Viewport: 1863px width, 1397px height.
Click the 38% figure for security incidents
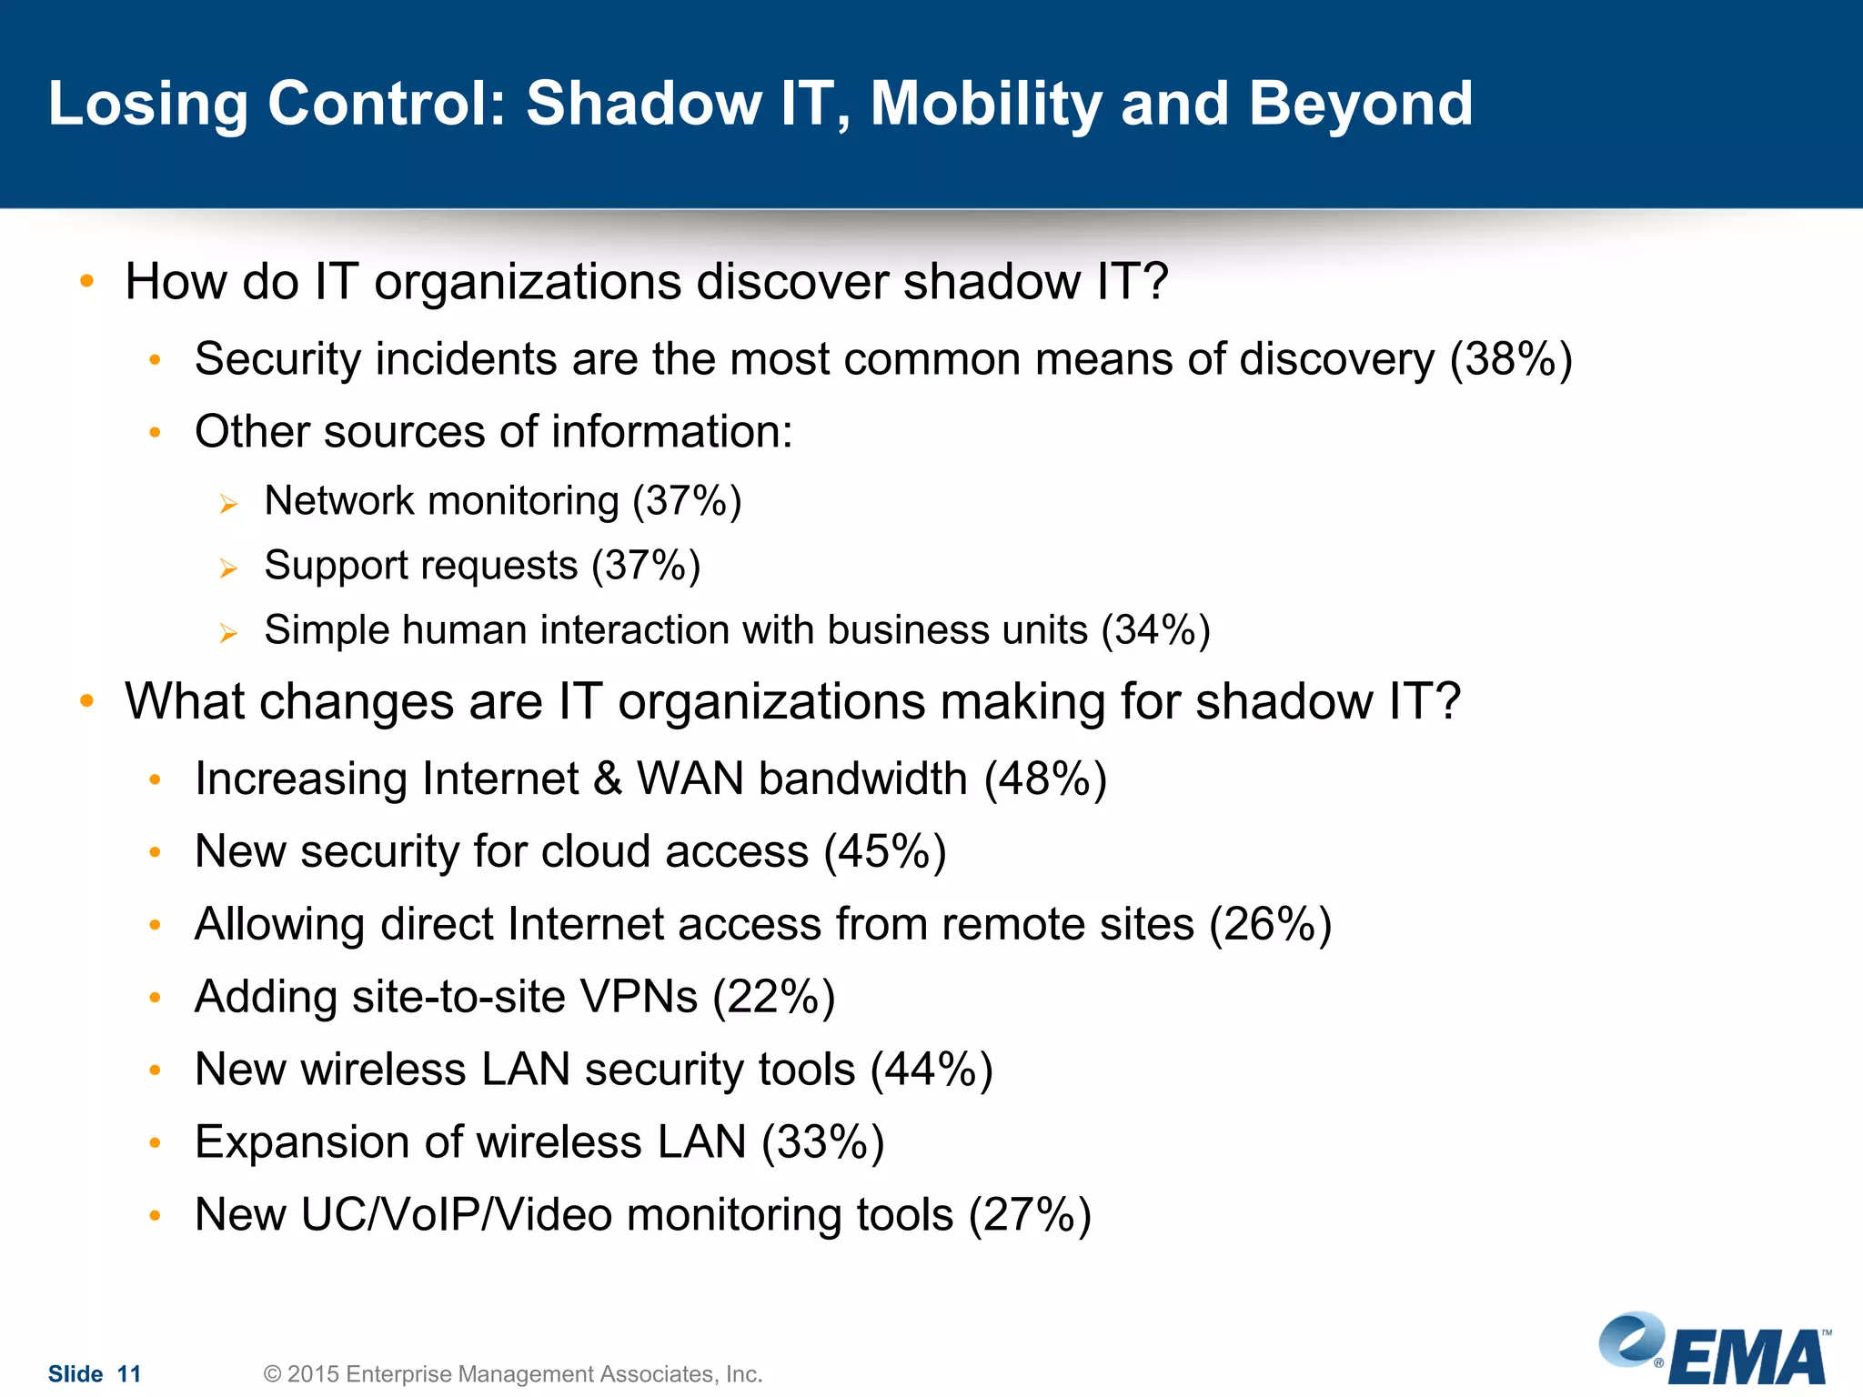pyautogui.click(x=1511, y=359)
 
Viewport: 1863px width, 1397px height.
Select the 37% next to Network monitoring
pyautogui.click(x=687, y=501)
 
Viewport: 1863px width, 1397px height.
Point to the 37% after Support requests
pyautogui.click(x=646, y=566)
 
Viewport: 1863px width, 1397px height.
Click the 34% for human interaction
pyautogui.click(x=1155, y=630)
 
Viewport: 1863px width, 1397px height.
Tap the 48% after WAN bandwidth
pyautogui.click(x=1045, y=779)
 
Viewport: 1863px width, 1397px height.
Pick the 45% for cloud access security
pyautogui.click(x=885, y=852)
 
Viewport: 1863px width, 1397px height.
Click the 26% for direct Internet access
pyautogui.click(x=1270, y=925)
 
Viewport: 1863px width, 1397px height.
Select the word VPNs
pyautogui.click(x=639, y=997)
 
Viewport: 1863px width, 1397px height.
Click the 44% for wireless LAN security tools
pyautogui.click(x=931, y=1070)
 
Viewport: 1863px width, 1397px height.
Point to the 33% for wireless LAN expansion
pyautogui.click(x=822, y=1142)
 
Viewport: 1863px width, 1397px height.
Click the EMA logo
pyautogui.click(x=1716, y=1350)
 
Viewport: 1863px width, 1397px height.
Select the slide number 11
pyautogui.click(x=129, y=1374)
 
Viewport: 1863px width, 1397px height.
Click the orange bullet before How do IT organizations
pyautogui.click(x=86, y=281)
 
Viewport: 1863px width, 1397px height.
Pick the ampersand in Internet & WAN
pyautogui.click(x=608, y=779)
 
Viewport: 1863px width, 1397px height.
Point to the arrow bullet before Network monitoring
pyautogui.click(x=228, y=504)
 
